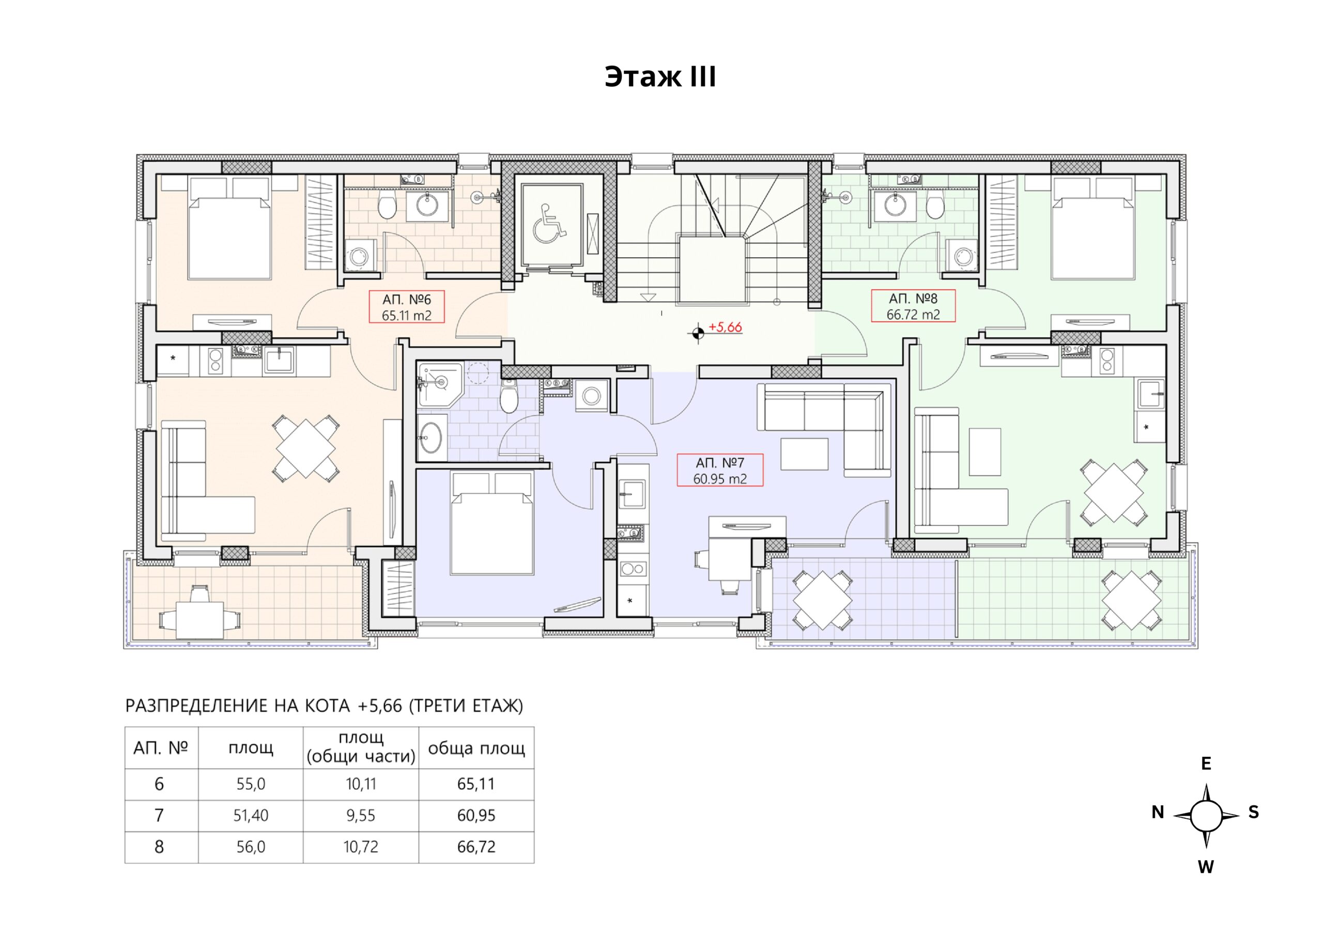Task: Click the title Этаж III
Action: pos(660,76)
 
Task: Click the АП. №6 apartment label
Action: pos(406,307)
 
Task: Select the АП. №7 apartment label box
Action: pos(720,470)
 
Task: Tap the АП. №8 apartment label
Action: pos(913,306)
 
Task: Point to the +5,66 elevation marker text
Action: pos(725,327)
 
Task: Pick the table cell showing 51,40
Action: pos(251,815)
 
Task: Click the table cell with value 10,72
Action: pos(361,847)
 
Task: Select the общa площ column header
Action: pos(476,748)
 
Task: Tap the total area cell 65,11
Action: pos(476,784)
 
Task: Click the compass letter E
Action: pos(1206,763)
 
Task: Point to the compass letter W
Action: pos(1206,866)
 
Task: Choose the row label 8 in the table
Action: pos(159,847)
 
